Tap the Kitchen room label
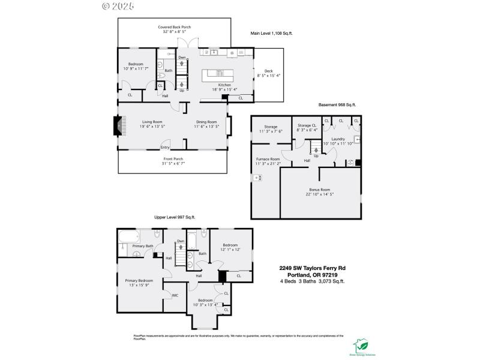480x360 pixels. coord(224,85)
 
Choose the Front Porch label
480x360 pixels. coord(173,161)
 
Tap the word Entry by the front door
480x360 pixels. coord(165,147)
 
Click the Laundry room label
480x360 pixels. coord(338,139)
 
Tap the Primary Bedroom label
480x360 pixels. coord(139,280)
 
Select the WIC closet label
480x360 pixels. coord(175,295)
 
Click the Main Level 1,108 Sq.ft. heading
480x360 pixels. coord(272,34)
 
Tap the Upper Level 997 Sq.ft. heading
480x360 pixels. coord(175,217)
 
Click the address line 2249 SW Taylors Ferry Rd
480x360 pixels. coord(312,268)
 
